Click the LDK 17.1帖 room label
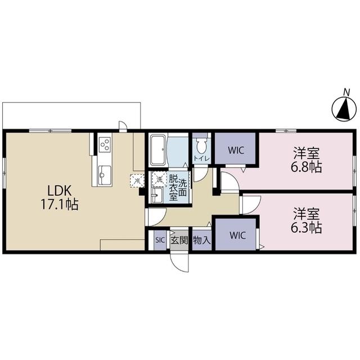[x=60, y=197]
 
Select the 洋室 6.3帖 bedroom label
[x=307, y=220]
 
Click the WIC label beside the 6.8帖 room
[x=236, y=150]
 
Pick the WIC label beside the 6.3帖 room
[x=237, y=235]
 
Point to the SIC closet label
[x=160, y=240]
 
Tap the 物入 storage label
[x=202, y=240]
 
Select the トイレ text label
[x=201, y=159]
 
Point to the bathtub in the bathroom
[x=158, y=150]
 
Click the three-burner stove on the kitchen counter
[x=105, y=145]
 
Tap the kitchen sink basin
[x=105, y=174]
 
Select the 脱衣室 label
[x=173, y=188]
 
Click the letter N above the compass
[x=346, y=92]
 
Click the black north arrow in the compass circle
[x=344, y=109]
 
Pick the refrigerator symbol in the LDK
[x=137, y=181]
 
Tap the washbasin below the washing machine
[x=157, y=195]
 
